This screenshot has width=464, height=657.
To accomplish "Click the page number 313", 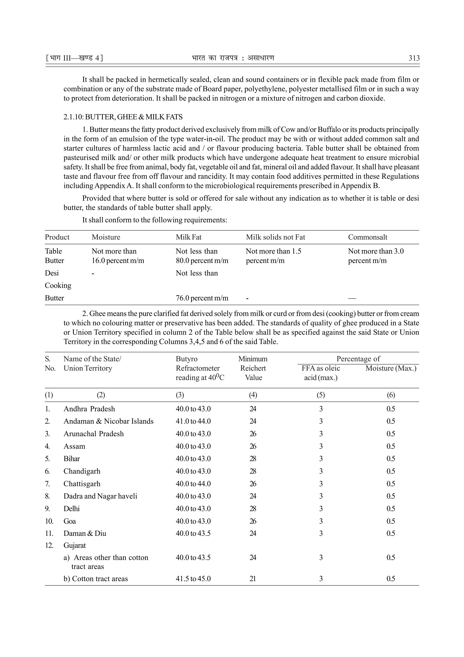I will [x=414, y=58].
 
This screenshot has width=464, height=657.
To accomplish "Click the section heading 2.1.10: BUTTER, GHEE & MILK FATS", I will [x=123, y=117].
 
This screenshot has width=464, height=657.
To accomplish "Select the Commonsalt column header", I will [x=368, y=237].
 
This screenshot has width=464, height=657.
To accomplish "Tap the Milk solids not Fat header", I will [x=275, y=237].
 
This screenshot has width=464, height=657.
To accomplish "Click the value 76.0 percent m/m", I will [x=202, y=298].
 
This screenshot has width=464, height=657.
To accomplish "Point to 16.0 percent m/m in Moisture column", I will [x=118, y=261].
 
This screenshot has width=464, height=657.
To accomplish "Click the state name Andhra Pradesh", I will [x=89, y=409].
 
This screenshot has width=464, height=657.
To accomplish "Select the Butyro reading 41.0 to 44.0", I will [x=193, y=421].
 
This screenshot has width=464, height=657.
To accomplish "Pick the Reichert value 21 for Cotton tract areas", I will [x=253, y=579].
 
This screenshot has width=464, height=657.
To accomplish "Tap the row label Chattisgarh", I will [x=82, y=484].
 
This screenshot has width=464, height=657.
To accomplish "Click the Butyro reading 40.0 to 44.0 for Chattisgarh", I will [x=193, y=484].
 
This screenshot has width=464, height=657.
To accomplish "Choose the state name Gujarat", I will [x=75, y=545].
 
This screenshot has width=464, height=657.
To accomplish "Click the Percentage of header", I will [x=358, y=359].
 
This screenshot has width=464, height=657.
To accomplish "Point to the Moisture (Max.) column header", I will [x=391, y=368].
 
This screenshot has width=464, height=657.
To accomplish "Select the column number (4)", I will [x=253, y=395].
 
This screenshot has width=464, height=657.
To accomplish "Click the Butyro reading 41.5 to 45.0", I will [x=193, y=579].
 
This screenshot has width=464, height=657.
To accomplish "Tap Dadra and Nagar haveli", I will [x=100, y=496].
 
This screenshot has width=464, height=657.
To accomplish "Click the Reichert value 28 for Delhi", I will [x=253, y=509].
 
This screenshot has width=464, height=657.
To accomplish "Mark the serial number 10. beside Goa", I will [x=49, y=521].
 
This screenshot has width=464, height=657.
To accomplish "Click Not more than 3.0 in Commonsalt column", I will [x=376, y=251].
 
